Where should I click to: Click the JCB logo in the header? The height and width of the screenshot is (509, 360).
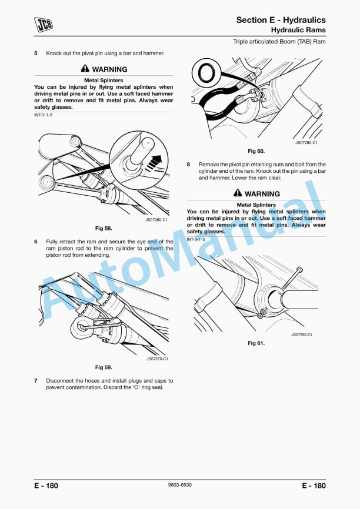pos(43,24)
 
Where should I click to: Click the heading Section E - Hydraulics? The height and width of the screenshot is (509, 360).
pos(281,20)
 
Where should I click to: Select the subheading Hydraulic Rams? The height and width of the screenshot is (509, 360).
pos(298,29)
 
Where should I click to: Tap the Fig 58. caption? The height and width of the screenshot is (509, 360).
pos(104,228)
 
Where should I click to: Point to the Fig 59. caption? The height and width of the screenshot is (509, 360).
pos(104,367)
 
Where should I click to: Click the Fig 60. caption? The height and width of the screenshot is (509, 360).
pos(256,151)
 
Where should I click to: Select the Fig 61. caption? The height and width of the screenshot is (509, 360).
pos(256,343)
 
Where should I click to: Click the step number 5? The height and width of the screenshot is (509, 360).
pos(36,53)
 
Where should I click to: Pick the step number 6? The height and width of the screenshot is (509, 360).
pos(36,242)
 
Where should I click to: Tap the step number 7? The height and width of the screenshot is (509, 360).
pos(36,380)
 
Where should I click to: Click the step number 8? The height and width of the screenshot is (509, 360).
pos(188,165)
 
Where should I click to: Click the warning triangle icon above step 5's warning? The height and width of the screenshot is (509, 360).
pos(85,69)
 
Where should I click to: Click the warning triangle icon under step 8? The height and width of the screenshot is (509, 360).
pos(238,193)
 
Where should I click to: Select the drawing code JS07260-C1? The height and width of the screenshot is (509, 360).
pos(156,220)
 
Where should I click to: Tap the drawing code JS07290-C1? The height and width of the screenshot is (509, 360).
pos(301,334)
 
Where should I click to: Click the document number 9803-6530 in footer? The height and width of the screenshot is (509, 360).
pos(179,485)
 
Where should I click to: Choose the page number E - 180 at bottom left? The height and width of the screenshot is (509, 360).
pos(46,485)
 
